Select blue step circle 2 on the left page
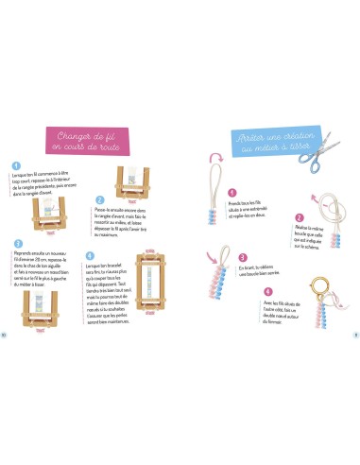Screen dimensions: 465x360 [100, 201]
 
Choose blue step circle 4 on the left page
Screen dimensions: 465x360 [90, 254]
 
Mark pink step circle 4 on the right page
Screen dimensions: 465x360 [267, 292]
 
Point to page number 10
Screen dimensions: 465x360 [4, 334]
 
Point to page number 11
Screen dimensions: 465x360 [355, 334]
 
